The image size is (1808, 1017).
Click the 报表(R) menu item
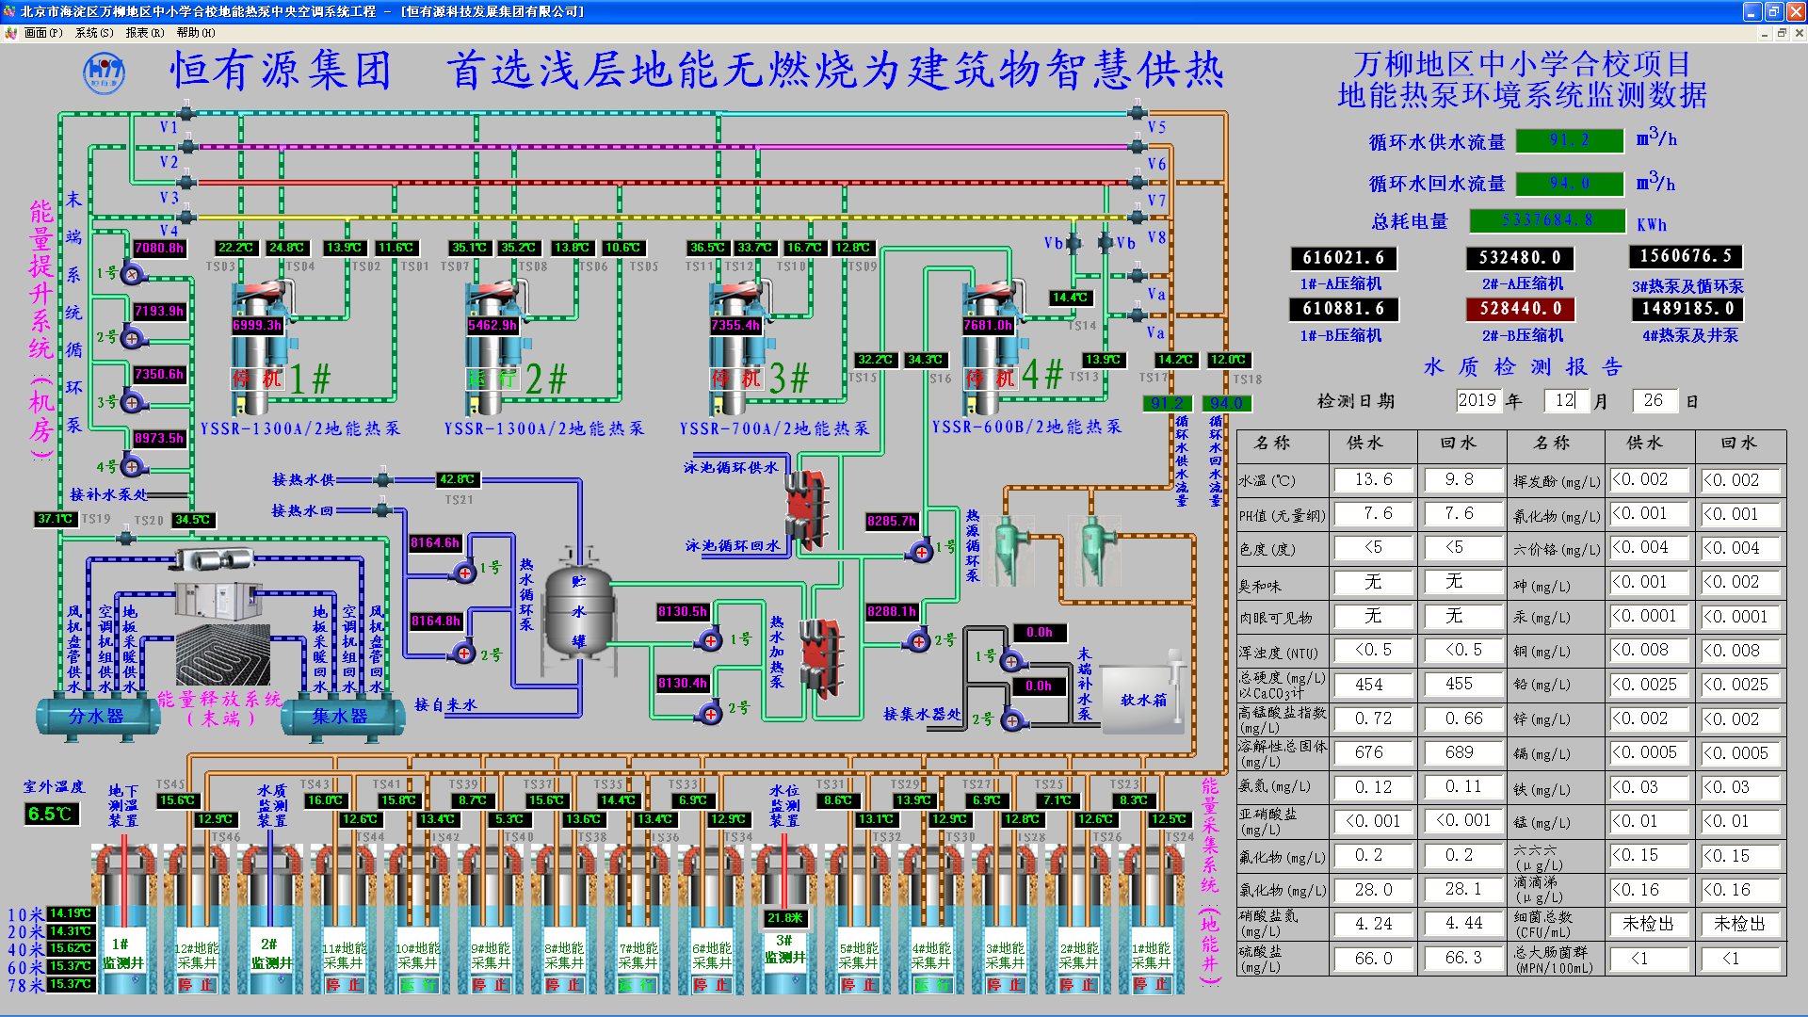click(x=144, y=33)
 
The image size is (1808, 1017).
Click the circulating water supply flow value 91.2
click(x=1570, y=140)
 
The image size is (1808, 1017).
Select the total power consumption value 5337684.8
click(x=1547, y=220)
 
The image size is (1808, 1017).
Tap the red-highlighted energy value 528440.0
click(x=1520, y=309)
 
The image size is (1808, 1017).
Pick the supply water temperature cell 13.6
click(x=1373, y=480)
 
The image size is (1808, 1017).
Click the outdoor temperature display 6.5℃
click(x=51, y=814)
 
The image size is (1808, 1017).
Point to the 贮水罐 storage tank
click(x=578, y=612)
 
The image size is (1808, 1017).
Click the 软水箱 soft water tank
click(x=1142, y=700)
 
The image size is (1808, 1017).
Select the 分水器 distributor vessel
click(x=96, y=717)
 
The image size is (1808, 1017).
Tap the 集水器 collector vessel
click(x=339, y=717)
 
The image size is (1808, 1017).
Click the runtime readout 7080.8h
click(x=159, y=249)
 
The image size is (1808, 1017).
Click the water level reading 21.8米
click(x=784, y=918)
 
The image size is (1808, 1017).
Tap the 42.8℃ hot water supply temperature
click(x=458, y=479)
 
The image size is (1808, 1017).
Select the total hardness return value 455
click(x=1458, y=685)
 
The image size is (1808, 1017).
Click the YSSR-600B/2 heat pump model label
click(x=1026, y=428)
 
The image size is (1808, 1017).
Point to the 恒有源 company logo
click(x=104, y=73)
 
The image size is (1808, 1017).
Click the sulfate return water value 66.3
click(x=1462, y=959)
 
